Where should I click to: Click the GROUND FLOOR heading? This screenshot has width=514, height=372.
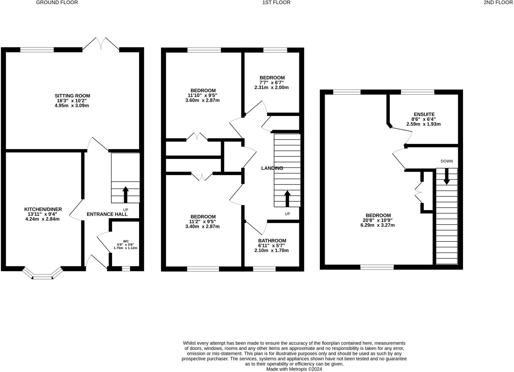[57, 3]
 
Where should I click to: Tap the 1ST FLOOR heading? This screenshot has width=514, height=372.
[276, 3]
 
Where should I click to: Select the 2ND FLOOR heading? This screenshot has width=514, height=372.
[498, 3]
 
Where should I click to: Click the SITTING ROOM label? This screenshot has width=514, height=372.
[72, 96]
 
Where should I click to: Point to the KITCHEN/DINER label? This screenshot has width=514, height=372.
[43, 209]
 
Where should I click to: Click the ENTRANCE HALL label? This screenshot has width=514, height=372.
[107, 214]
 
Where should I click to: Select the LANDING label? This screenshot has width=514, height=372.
[272, 168]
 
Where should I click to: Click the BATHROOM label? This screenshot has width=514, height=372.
[272, 241]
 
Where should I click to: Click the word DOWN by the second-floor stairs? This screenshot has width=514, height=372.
[447, 161]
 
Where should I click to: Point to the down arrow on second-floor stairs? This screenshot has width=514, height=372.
[447, 176]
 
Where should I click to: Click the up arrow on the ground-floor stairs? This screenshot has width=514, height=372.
[125, 195]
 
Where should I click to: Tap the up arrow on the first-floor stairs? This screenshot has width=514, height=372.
[287, 199]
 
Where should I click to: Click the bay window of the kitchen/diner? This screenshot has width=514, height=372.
[43, 273]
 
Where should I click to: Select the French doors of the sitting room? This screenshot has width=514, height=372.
[101, 44]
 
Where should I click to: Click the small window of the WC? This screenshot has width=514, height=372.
[126, 269]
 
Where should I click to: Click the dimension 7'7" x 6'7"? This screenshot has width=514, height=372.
[272, 83]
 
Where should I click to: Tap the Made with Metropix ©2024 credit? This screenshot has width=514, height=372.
[294, 369]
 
